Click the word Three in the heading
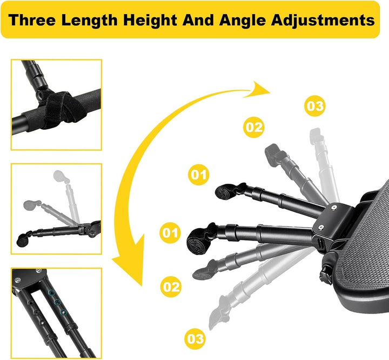point(32,20)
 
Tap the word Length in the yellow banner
point(89,21)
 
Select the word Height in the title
point(150,21)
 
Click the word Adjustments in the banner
point(323,21)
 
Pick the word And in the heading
point(198,20)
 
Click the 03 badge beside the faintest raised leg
point(315,106)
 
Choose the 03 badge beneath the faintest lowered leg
point(195,338)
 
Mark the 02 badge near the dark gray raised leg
point(253,127)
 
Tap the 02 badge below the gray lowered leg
point(171,287)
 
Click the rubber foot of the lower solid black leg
point(198,241)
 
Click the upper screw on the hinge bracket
point(334,206)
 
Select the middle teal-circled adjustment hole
point(58,302)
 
